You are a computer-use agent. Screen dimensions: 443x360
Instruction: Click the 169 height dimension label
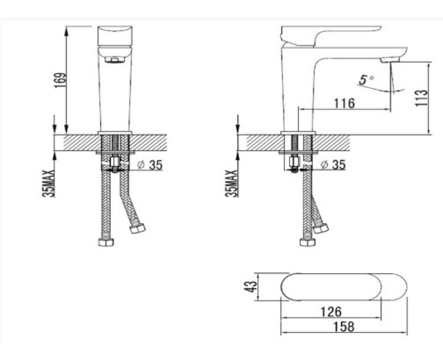60,80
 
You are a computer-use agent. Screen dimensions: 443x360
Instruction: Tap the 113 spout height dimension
421,97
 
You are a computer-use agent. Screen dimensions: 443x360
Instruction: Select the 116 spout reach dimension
344,104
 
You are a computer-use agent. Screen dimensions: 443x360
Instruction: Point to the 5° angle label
367,80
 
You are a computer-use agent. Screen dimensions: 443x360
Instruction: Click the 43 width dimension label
251,286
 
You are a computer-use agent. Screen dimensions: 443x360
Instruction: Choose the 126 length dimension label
331,312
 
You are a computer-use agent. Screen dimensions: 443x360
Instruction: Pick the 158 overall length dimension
343,327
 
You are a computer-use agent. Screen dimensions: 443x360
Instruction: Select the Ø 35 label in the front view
150,165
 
